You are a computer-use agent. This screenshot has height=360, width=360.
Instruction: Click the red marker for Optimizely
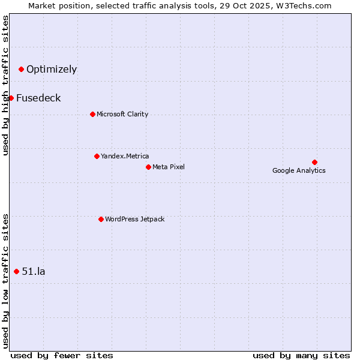[x=21, y=69]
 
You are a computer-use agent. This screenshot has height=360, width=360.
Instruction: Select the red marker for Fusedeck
[x=11, y=98]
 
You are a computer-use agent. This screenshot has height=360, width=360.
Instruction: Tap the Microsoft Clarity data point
[x=92, y=114]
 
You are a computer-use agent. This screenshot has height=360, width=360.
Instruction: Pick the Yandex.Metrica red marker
[x=97, y=156]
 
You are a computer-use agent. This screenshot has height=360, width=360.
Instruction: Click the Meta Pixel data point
[x=148, y=167]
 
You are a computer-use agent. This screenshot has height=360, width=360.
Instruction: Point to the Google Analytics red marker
[x=314, y=162]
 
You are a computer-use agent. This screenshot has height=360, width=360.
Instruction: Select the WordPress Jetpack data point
[x=101, y=219]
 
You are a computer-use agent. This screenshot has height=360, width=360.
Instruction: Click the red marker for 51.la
[x=16, y=271]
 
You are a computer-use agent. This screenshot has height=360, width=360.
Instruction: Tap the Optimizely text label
[x=52, y=69]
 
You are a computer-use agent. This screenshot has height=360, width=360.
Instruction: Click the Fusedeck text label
[x=38, y=98]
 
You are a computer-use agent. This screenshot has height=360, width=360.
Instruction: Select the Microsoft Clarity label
[x=122, y=114]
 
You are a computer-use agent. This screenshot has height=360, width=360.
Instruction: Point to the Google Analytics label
[x=299, y=170]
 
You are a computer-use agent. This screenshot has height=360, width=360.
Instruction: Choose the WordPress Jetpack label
[x=134, y=219]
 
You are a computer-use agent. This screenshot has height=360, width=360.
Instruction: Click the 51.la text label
[x=34, y=271]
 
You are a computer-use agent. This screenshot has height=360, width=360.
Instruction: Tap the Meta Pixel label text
[x=169, y=167]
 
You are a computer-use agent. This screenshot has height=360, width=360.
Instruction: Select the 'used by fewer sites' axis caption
[x=62, y=355]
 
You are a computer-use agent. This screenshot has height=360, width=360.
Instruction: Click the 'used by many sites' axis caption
[x=301, y=355]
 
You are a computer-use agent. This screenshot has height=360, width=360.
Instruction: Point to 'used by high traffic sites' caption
[x=5, y=85]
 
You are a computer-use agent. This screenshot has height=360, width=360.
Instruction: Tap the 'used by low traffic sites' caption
[x=5, y=281]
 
